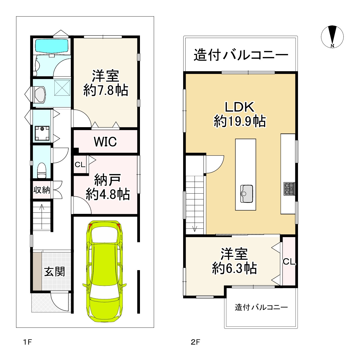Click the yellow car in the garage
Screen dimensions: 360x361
click(x=104, y=271)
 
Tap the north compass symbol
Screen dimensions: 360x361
click(x=332, y=37)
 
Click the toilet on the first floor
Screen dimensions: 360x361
click(x=42, y=170)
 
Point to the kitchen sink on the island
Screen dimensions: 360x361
click(x=247, y=194)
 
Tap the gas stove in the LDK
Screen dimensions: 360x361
click(x=289, y=189)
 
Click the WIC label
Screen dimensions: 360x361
click(x=105, y=142)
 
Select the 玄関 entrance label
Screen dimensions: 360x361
click(x=54, y=272)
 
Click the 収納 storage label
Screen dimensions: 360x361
click(x=42, y=190)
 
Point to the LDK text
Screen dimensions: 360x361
click(x=239, y=107)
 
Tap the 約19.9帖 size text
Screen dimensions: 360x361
click(x=240, y=121)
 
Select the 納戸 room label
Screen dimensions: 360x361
click(x=107, y=180)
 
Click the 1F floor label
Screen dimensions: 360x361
click(x=28, y=342)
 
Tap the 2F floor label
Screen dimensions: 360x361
click(x=195, y=342)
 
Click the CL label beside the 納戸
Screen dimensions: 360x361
click(x=80, y=165)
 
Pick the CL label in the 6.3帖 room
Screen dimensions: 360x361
click(x=289, y=262)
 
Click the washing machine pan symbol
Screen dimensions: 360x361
click(x=42, y=133)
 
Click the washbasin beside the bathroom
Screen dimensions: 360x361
click(x=40, y=94)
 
